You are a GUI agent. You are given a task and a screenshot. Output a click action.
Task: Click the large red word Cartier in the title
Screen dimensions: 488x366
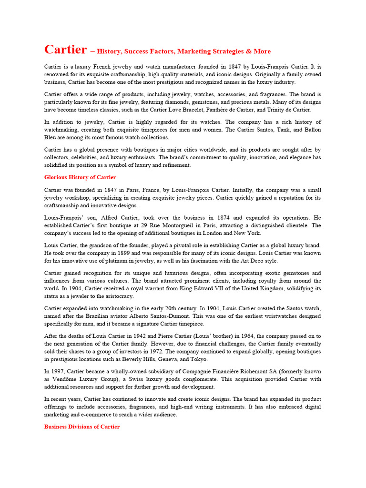pyautogui.click(x=65, y=50)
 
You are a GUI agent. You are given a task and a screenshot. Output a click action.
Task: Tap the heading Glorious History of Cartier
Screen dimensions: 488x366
pyautogui.click(x=80, y=177)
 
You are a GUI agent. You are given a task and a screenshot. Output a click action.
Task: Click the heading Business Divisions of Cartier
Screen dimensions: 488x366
pyautogui.click(x=82, y=427)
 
